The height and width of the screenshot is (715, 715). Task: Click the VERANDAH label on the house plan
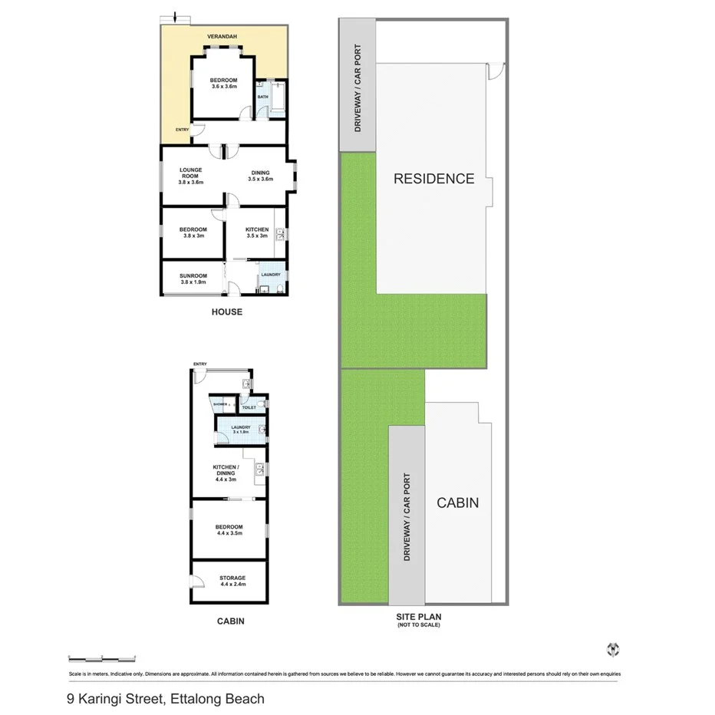[x=224, y=37]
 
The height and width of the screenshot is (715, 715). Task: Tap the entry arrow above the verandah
[x=176, y=17]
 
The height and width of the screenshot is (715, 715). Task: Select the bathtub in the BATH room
[x=277, y=97]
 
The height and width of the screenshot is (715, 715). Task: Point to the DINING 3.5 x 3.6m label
[x=261, y=176]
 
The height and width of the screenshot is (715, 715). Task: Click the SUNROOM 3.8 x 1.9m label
[x=193, y=278]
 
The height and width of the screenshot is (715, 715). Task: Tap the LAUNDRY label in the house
[x=270, y=275]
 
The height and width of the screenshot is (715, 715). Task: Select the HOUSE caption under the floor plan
[x=226, y=312]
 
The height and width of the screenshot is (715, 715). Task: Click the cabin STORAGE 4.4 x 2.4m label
[x=232, y=581]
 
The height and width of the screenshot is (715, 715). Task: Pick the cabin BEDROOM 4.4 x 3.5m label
[x=229, y=529]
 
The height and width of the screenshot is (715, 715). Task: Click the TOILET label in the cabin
[x=249, y=407]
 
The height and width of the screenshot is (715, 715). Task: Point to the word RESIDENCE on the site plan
[x=433, y=179]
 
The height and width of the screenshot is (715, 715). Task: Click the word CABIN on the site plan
[x=457, y=502]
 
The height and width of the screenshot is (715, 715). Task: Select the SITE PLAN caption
[x=418, y=616]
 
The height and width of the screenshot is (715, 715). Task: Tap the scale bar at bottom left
[x=102, y=657]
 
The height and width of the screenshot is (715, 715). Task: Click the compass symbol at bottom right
[x=612, y=649]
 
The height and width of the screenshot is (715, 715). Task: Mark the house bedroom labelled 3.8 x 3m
[x=193, y=232]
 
